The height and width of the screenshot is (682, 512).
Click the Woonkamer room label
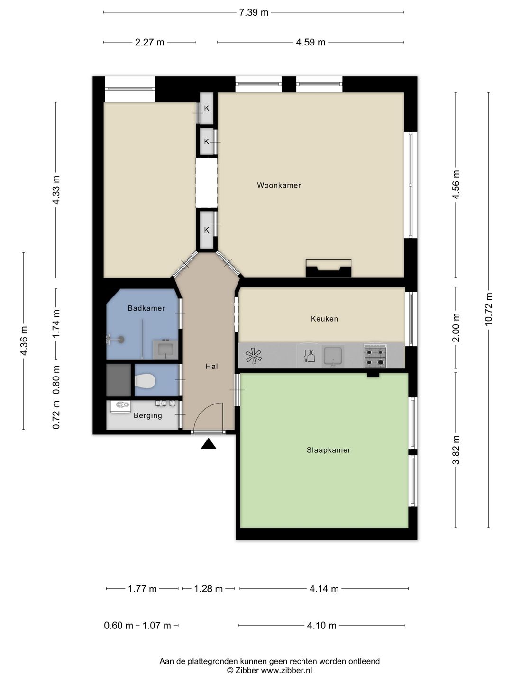click(279, 186)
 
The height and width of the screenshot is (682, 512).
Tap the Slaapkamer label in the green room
click(329, 450)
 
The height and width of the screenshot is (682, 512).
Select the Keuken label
click(325, 319)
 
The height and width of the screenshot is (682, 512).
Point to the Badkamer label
click(146, 308)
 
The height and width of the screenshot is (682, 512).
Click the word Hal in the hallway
click(212, 366)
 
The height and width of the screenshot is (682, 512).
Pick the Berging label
click(147, 416)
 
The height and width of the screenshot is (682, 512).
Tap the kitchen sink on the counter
click(333, 356)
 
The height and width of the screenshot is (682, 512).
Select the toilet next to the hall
click(145, 381)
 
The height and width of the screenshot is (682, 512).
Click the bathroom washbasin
click(165, 350)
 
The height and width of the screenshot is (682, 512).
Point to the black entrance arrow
click(208, 444)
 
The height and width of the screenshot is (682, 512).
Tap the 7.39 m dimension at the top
click(254, 12)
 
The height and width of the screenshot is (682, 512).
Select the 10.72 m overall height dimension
click(488, 309)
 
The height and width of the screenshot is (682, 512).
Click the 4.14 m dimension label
click(324, 589)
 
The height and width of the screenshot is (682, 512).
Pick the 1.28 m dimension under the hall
click(208, 589)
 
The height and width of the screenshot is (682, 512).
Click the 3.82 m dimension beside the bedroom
click(456, 450)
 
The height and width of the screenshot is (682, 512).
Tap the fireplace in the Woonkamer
click(329, 269)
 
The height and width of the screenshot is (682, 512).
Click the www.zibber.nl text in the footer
click(286, 670)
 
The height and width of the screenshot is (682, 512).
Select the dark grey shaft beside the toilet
click(119, 380)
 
